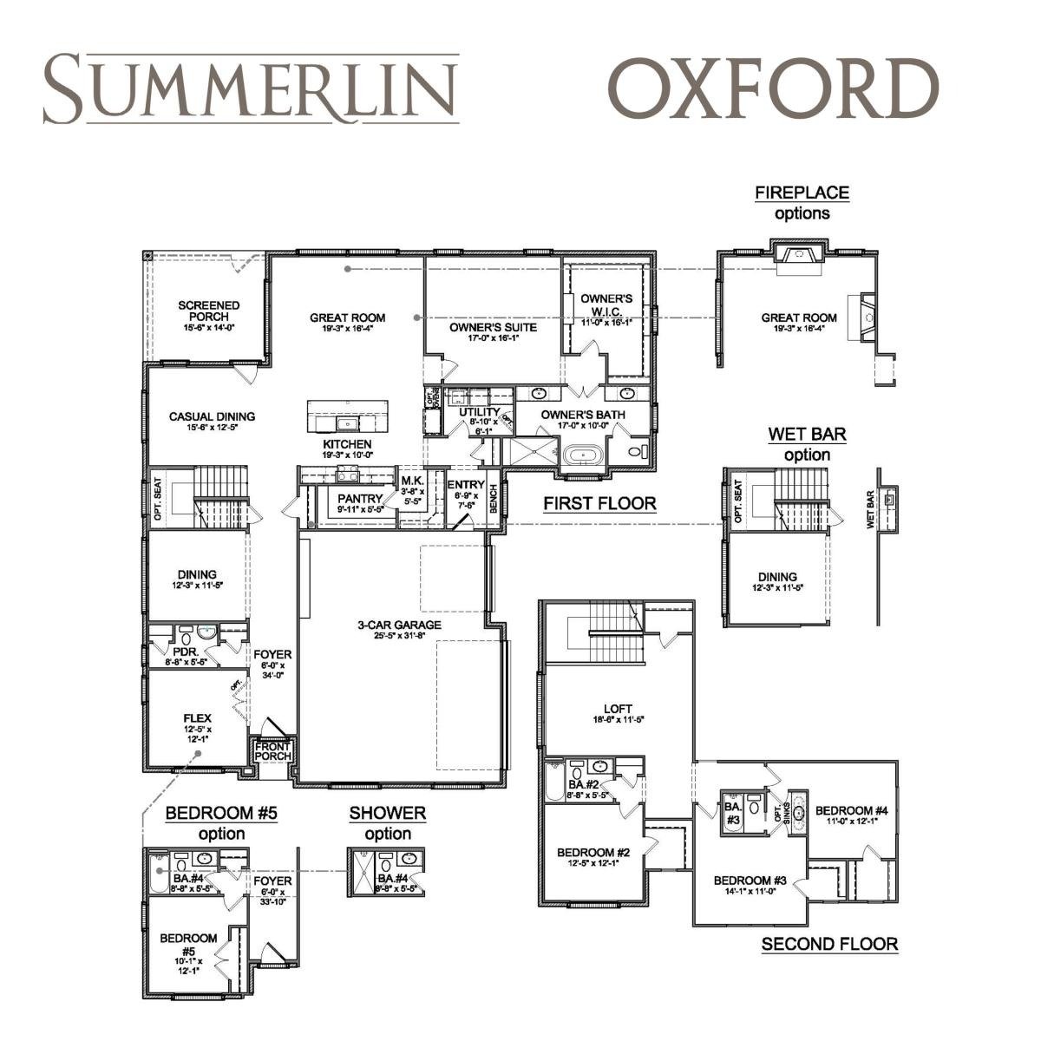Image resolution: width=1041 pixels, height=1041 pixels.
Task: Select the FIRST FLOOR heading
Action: pyautogui.click(x=599, y=503)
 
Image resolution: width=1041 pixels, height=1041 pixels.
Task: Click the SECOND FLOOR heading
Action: pyautogui.click(x=829, y=944)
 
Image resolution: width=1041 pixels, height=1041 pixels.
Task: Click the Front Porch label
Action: pyautogui.click(x=272, y=751)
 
